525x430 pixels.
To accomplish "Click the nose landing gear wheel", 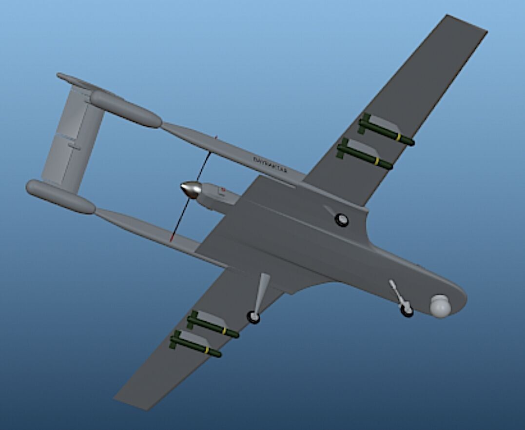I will coord(407,310).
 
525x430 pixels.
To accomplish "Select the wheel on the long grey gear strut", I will coord(253,317).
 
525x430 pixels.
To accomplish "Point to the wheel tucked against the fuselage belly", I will coord(342,220).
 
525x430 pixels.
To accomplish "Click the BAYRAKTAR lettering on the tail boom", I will coord(270,165).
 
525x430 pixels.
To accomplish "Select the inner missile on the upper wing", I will coord(365,154).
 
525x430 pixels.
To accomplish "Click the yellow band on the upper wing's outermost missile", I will coord(398,137).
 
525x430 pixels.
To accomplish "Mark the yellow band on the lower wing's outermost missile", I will coord(207,351).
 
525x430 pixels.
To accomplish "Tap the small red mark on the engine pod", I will coord(222,189).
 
